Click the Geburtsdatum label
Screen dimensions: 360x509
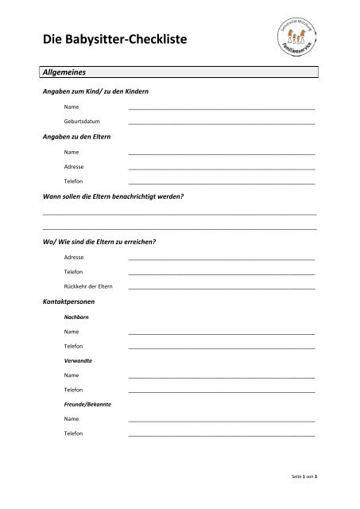click(83, 122)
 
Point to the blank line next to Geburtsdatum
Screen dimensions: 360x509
click(221, 123)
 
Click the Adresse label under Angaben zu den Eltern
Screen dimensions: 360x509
click(75, 166)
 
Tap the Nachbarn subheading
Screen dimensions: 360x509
click(76, 317)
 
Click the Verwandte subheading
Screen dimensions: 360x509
click(78, 361)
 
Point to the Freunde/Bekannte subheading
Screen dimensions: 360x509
click(87, 404)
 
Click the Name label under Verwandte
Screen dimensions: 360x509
click(72, 375)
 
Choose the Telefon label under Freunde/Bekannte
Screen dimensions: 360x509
click(73, 433)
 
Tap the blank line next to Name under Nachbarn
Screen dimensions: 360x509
click(221, 332)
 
